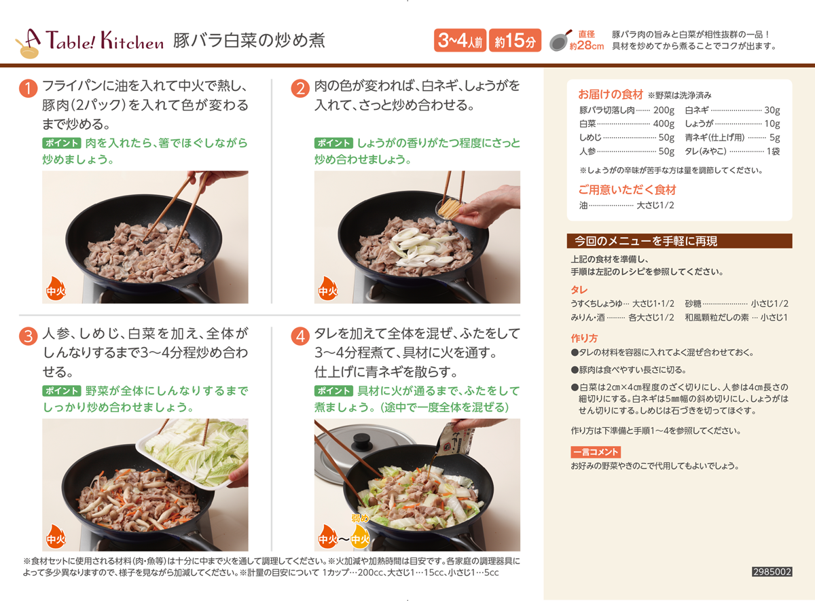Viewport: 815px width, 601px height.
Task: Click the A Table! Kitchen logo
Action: click(89, 43)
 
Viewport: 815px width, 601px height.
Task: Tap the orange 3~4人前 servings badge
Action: click(460, 40)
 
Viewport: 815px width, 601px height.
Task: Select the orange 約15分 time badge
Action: click(515, 40)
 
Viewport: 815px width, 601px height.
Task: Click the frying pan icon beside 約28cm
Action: click(560, 41)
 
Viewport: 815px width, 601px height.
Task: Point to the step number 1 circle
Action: click(28, 89)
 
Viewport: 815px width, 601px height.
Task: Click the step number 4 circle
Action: click(300, 337)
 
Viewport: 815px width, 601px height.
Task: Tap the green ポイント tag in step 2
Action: click(333, 143)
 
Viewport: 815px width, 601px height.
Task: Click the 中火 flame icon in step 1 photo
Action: click(56, 289)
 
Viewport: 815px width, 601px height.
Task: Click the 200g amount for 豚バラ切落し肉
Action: click(664, 110)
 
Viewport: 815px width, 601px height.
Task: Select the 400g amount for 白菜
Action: click(664, 124)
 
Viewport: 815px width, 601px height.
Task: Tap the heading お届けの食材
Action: click(611, 94)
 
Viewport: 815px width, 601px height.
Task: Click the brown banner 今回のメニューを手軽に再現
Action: click(679, 241)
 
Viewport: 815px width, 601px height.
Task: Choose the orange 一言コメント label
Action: click(596, 452)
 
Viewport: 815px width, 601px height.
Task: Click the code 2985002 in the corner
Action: click(772, 572)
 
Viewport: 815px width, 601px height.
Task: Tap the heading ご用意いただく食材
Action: click(628, 190)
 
